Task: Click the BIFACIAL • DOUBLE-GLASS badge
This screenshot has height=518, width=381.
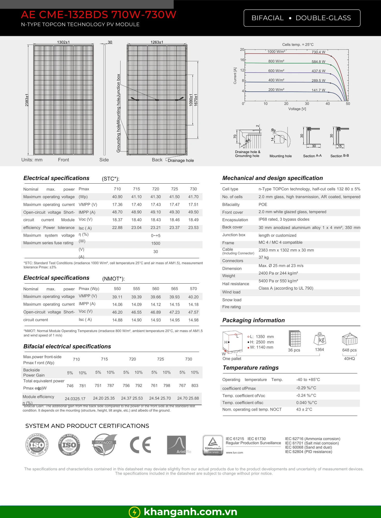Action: coord(302,18)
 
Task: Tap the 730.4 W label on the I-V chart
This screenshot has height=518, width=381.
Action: coord(318,52)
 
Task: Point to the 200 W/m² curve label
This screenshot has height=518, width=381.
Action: coord(276,90)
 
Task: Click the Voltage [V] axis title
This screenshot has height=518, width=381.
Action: coord(297,109)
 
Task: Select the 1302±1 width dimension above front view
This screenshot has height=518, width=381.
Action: coord(63,42)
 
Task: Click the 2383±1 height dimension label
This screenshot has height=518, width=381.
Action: coord(27,100)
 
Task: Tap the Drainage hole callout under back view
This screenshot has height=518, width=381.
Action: coord(181,161)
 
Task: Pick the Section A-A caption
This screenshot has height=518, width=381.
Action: coord(312,156)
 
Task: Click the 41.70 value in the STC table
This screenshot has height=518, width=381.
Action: coord(193,197)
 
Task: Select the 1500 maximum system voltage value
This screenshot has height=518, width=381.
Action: coord(156,243)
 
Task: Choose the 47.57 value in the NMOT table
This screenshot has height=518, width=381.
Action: coord(193,312)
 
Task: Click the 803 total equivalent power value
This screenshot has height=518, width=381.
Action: coord(195,386)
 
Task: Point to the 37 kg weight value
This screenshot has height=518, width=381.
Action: coord(264,257)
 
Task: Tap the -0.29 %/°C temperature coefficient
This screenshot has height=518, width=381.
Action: coord(306,388)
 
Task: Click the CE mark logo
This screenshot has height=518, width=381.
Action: coord(140,445)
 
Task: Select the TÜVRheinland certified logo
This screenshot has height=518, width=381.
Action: coord(213,445)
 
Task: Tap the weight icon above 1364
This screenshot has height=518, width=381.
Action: coord(320,339)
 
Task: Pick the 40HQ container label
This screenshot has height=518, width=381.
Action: coord(349,359)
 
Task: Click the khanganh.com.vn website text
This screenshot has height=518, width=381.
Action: coord(190,512)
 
